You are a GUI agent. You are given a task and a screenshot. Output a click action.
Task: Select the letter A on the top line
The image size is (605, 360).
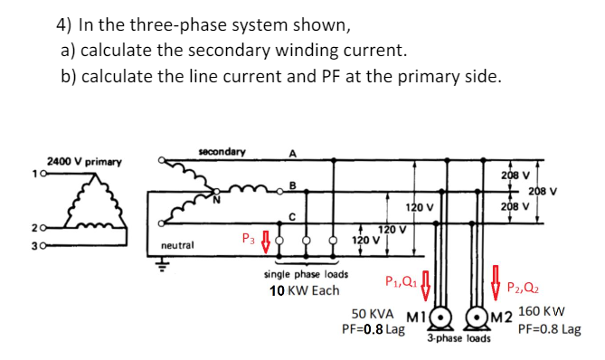292,154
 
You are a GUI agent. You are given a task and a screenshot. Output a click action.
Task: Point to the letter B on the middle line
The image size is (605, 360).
290,186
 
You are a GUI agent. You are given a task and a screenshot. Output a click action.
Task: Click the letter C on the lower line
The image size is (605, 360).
290,215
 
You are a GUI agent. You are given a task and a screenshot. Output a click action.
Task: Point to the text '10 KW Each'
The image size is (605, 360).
304,290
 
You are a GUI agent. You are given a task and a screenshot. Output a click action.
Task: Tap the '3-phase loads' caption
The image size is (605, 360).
458,340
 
